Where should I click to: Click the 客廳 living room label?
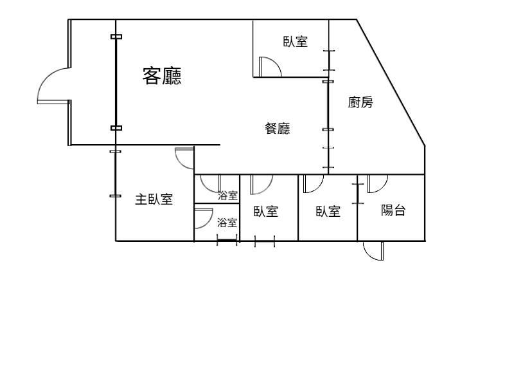pos(162,76)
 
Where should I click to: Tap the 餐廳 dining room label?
pos(278,128)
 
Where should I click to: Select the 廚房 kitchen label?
pos(360,102)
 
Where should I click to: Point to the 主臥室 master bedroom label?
pos(154,199)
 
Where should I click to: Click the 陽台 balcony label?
pos(393,210)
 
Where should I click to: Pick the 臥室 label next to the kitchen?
pos(296,42)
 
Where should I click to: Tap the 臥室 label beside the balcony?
pos(328,211)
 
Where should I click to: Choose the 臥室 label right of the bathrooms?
pos(265,211)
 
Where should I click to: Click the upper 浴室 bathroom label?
pos(228,196)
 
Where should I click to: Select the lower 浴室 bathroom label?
pos(227,223)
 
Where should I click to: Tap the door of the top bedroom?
pos(270,67)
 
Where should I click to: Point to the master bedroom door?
pos(184,158)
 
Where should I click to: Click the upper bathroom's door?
pos(210,184)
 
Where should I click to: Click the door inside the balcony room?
pos(378,184)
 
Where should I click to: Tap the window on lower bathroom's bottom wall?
pos(227,241)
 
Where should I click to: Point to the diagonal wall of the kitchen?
pos(391,83)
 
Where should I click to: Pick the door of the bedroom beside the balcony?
pos(314,184)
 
